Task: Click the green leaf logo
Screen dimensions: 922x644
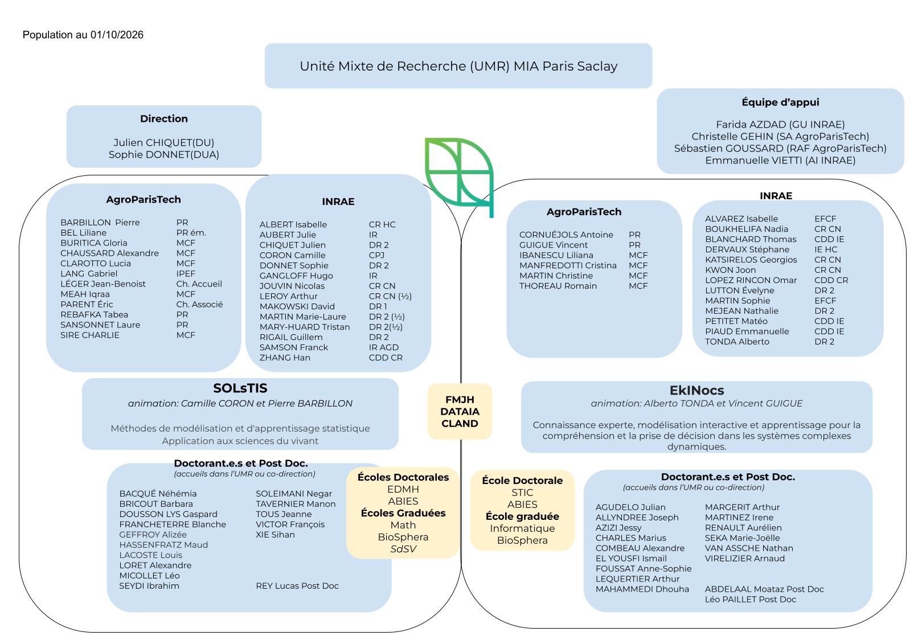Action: [x=459, y=177]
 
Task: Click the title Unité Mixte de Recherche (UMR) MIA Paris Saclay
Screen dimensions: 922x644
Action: [x=458, y=66]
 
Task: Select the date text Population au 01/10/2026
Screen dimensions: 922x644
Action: [x=83, y=35]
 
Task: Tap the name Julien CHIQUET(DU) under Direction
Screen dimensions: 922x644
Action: [x=164, y=142]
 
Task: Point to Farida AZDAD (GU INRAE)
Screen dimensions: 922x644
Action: [x=780, y=124]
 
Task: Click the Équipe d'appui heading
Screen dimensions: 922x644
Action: [x=780, y=102]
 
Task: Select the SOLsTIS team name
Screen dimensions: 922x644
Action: [x=240, y=388]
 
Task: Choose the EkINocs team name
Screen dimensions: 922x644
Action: [x=696, y=390]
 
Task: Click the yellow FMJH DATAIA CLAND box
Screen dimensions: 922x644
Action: [x=460, y=412]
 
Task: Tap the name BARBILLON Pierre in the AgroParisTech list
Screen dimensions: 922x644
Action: [x=100, y=222]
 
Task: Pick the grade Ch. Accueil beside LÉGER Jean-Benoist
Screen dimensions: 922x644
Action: [x=199, y=284]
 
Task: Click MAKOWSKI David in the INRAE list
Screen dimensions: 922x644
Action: [x=297, y=306]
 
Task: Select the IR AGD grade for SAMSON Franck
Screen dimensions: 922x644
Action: [x=384, y=347]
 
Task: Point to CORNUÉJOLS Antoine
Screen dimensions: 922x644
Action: [x=566, y=235]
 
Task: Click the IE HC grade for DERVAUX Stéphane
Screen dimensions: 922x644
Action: [x=826, y=249]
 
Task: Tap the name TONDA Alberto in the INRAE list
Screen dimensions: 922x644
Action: [x=737, y=342]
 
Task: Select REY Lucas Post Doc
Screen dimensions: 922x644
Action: [x=297, y=586]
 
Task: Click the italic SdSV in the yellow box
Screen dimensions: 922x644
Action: [x=403, y=549]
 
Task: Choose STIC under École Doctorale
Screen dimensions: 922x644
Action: [x=522, y=493]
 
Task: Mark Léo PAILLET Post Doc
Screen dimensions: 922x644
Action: [x=751, y=600]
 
